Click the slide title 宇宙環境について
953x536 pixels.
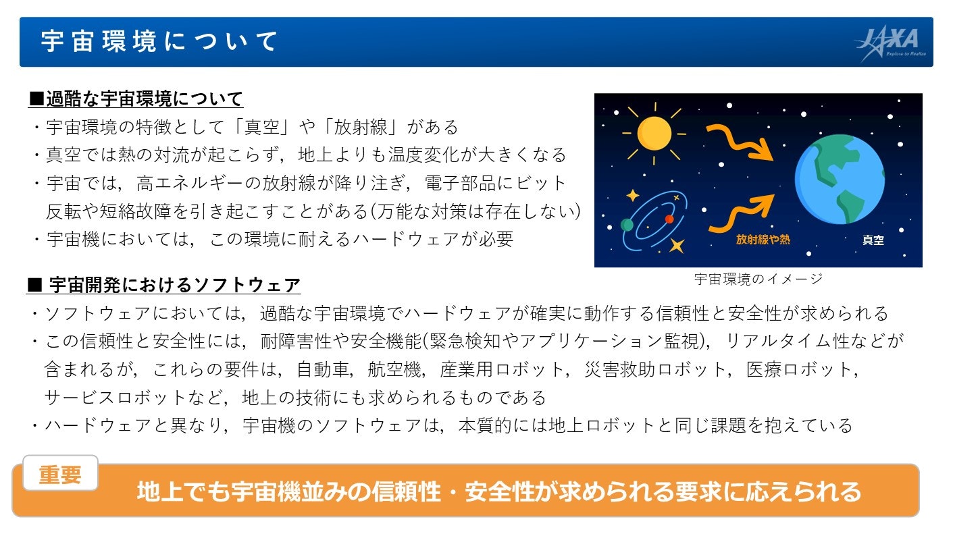point(159,42)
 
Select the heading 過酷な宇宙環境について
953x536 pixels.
point(136,99)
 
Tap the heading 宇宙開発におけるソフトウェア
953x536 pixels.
point(164,285)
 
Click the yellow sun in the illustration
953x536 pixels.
point(654,134)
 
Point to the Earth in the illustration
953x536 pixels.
point(840,180)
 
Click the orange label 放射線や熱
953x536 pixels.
point(763,240)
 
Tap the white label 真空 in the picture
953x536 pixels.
point(873,240)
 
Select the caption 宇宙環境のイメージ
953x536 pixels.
point(758,279)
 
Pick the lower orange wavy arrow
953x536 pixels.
point(741,213)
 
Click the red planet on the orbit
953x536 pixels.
point(669,219)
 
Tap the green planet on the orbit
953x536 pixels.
point(627,225)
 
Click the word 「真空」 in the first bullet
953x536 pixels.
point(261,127)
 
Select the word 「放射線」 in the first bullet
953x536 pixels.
point(361,127)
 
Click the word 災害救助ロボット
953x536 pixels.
point(655,369)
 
